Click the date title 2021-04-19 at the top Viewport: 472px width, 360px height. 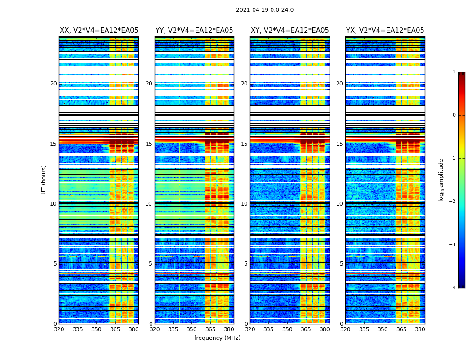pyautogui.click(x=264, y=10)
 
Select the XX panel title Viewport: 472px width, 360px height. pyautogui.click(x=99, y=31)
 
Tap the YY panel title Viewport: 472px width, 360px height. pyautogui.click(x=194, y=31)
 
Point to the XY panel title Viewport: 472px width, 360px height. pyautogui.click(x=289, y=31)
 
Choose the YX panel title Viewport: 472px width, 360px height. pyautogui.click(x=385, y=31)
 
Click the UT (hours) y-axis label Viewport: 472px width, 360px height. pyautogui.click(x=44, y=180)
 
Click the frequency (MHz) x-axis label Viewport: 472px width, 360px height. pyautogui.click(x=217, y=338)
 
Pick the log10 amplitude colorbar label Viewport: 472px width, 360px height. pyautogui.click(x=441, y=180)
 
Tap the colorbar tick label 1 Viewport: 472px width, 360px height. pyautogui.click(x=454, y=72)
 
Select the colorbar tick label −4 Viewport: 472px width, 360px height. pyautogui.click(x=453, y=288)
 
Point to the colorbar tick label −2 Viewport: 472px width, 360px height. pyautogui.click(x=453, y=202)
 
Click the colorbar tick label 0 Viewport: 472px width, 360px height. pyautogui.click(x=454, y=115)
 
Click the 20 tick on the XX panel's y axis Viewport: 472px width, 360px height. pyautogui.click(x=53, y=84)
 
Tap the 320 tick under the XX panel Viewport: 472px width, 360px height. pyautogui.click(x=59, y=329)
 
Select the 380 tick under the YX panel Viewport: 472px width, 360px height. pyautogui.click(x=420, y=329)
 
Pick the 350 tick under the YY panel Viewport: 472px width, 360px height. pyautogui.click(x=192, y=329)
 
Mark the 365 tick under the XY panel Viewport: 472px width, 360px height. pyautogui.click(x=306, y=329)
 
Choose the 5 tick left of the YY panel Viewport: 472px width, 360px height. pyautogui.click(x=151, y=264)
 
